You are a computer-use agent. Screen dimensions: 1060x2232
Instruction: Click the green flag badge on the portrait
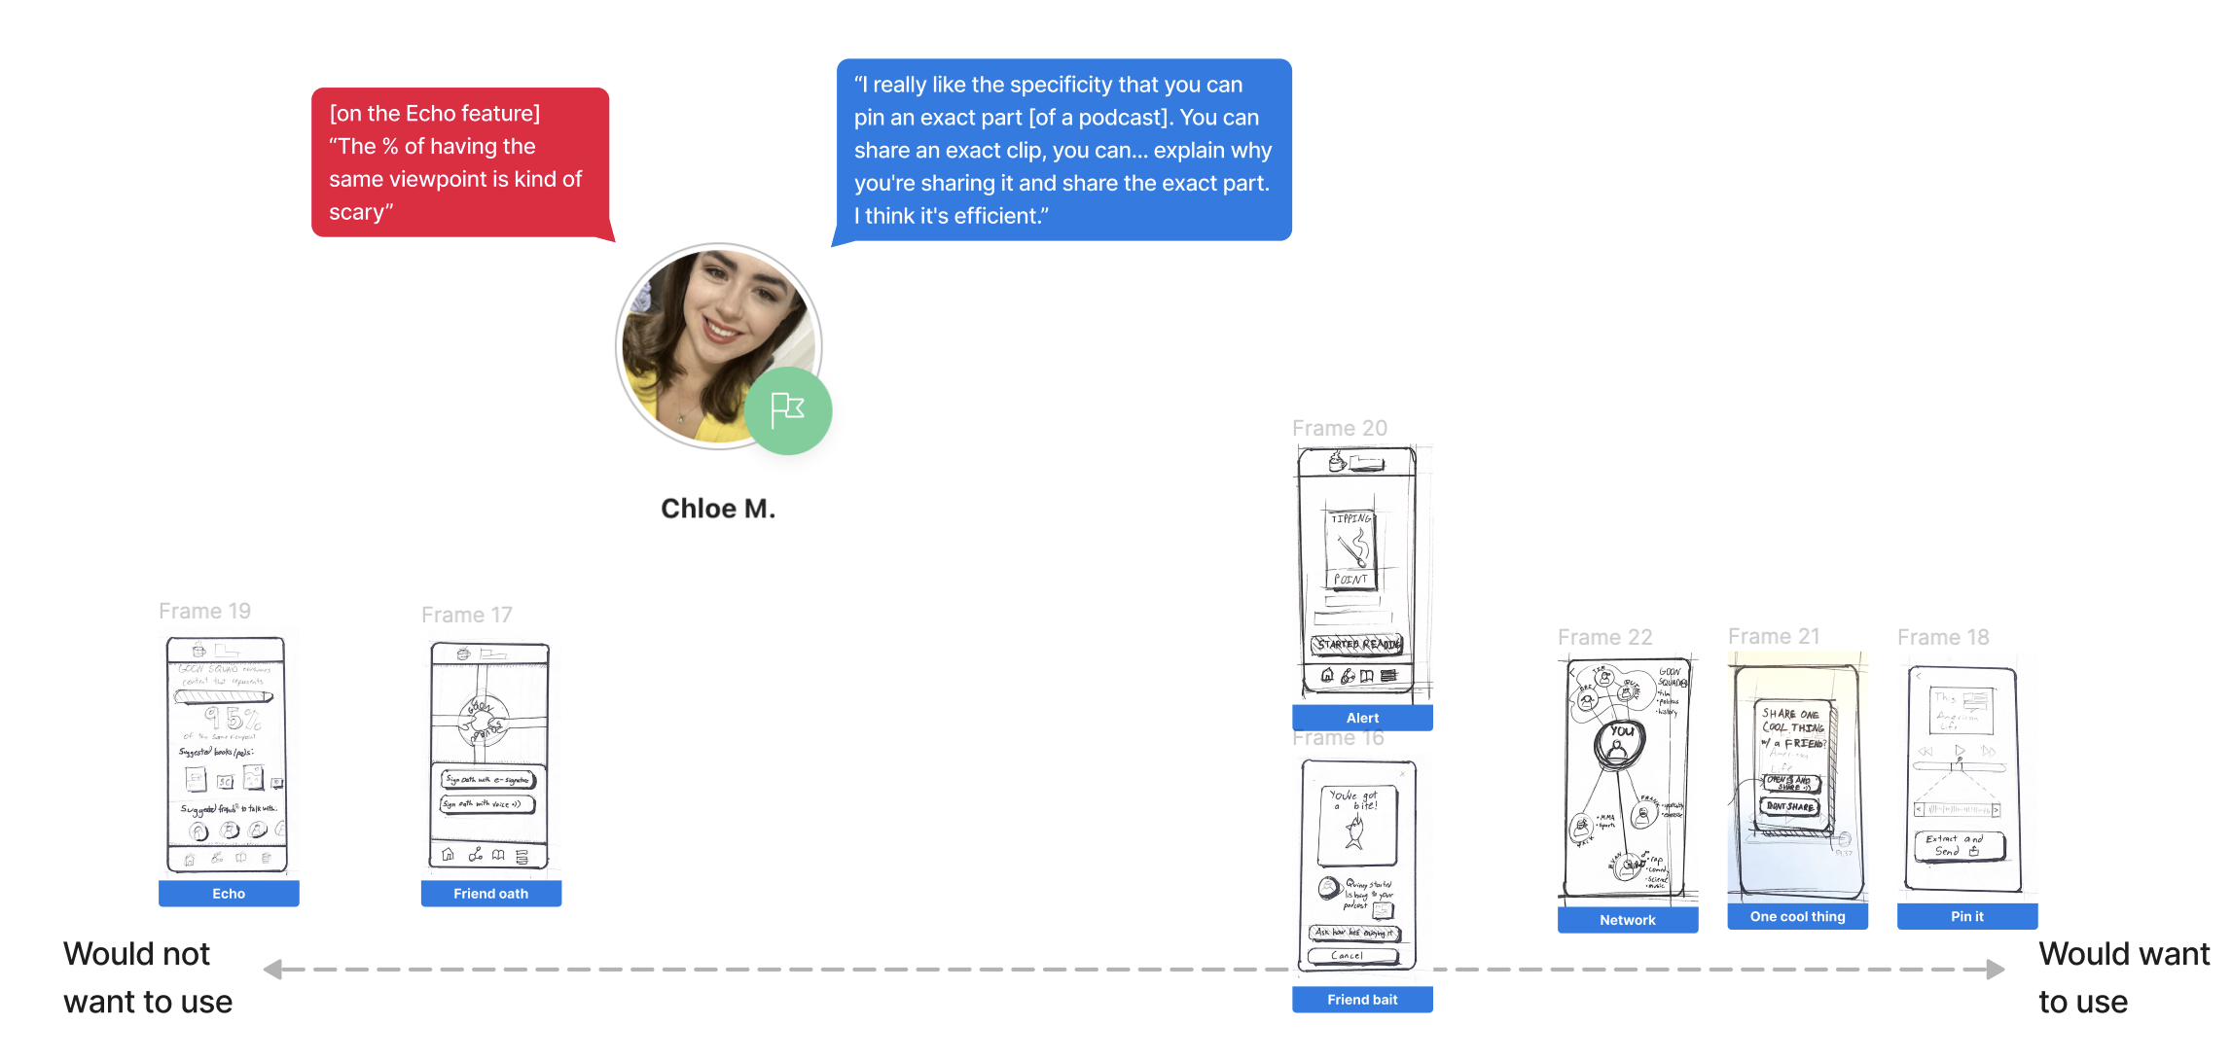pos(787,410)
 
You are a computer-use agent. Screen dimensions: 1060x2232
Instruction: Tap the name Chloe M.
pos(718,509)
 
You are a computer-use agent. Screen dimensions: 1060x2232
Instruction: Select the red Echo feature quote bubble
pos(459,162)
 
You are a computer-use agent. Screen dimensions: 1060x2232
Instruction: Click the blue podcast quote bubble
pos(1063,150)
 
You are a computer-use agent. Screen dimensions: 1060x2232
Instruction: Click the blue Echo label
pos(229,894)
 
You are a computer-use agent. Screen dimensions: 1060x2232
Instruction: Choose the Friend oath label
pos(490,894)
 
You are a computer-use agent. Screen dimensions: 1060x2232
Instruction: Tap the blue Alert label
pos(1362,718)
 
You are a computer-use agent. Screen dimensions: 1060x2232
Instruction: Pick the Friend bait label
pos(1362,1000)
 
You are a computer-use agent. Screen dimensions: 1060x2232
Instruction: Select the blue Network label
pos(1627,920)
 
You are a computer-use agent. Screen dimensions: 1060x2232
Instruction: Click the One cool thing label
pos(1797,916)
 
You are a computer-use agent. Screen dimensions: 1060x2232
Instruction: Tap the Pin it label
pos(1966,916)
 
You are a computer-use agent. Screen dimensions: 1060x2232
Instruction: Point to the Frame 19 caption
pos(204,611)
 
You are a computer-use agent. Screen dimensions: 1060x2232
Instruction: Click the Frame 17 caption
pos(466,615)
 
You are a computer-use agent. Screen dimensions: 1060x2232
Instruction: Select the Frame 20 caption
pos(1339,428)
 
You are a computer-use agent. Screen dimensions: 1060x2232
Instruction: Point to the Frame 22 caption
pos(1604,637)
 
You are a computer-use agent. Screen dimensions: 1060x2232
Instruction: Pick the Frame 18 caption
pos(1942,637)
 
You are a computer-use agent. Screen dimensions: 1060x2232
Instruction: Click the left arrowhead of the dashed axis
pos(272,970)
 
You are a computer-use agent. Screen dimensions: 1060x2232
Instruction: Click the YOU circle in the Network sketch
pos(1619,742)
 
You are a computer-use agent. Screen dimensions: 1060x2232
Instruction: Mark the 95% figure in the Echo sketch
pos(232,719)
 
